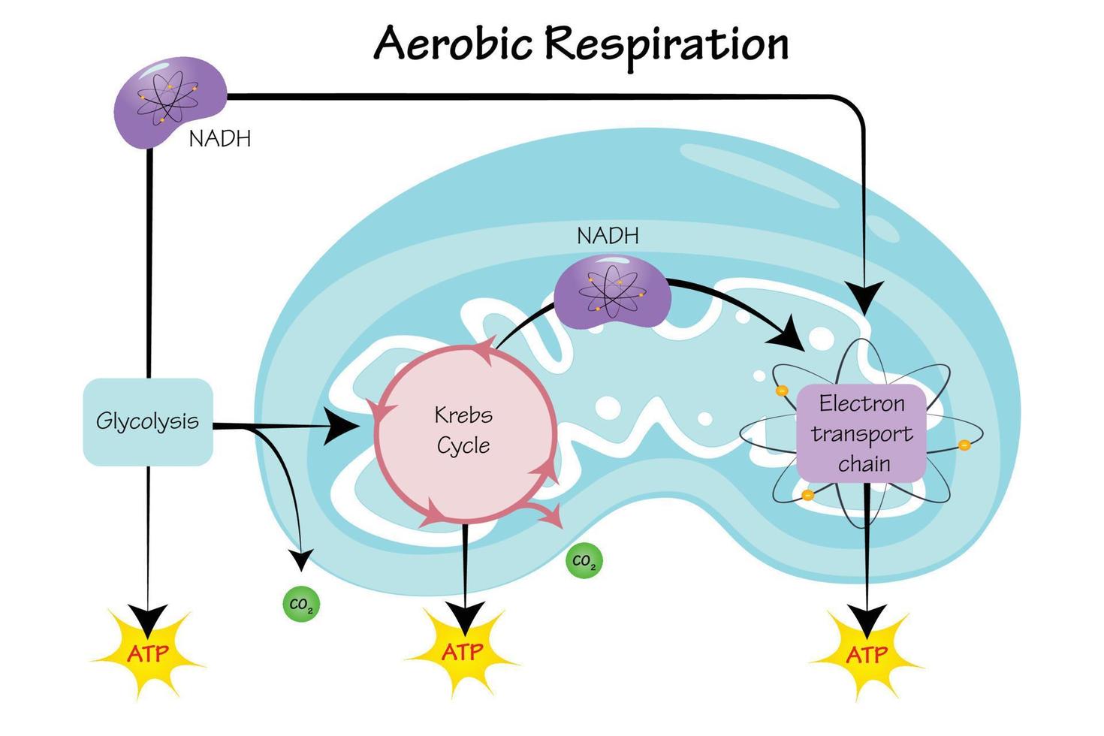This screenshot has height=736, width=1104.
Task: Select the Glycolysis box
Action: click(x=147, y=421)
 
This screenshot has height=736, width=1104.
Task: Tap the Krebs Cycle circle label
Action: click(x=463, y=430)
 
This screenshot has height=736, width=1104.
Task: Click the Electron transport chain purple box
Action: click(x=861, y=433)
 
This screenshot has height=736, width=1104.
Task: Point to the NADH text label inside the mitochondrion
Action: click(x=608, y=236)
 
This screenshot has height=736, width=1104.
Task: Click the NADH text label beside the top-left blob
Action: click(x=219, y=139)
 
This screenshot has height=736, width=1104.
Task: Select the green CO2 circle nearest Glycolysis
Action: click(x=301, y=605)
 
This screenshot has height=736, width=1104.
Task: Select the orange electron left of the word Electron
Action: click(x=781, y=391)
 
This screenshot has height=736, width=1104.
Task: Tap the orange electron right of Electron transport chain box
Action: click(x=964, y=445)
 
